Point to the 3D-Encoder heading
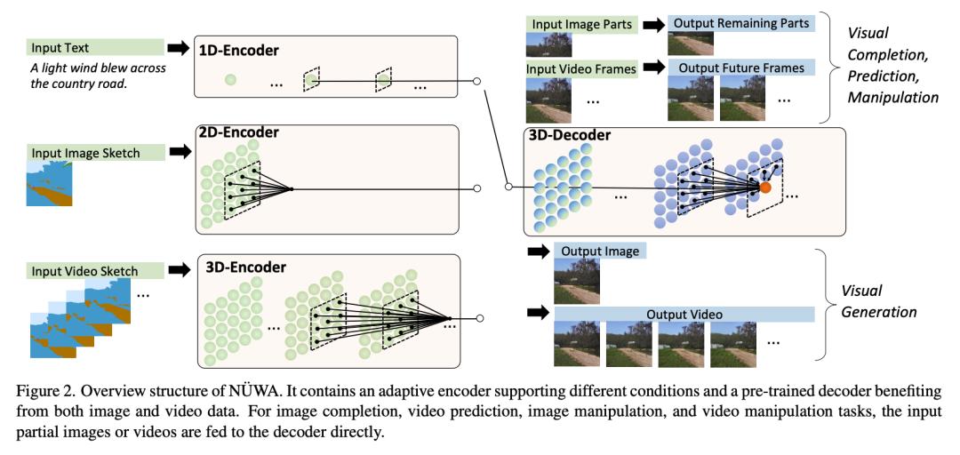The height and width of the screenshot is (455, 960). coord(245,267)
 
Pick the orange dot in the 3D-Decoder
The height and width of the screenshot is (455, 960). coord(765,188)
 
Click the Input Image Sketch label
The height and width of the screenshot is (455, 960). coord(84,153)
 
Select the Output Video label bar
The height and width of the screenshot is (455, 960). coord(684,314)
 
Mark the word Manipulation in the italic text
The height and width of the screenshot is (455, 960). coord(892,96)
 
